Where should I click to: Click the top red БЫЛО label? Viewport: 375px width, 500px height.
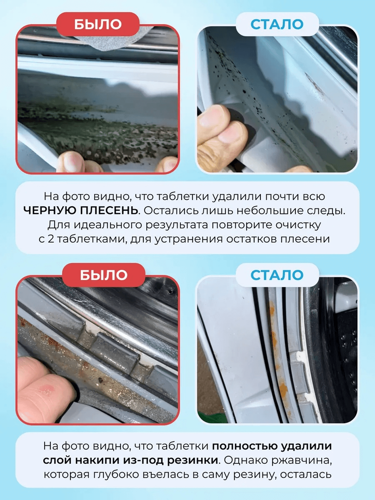click(98, 24)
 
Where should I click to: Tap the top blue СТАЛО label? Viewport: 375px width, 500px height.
click(277, 24)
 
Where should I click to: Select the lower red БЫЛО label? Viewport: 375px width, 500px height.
click(103, 275)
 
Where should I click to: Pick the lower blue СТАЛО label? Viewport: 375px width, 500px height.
click(277, 275)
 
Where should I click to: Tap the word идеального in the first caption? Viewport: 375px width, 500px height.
click(108, 225)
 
